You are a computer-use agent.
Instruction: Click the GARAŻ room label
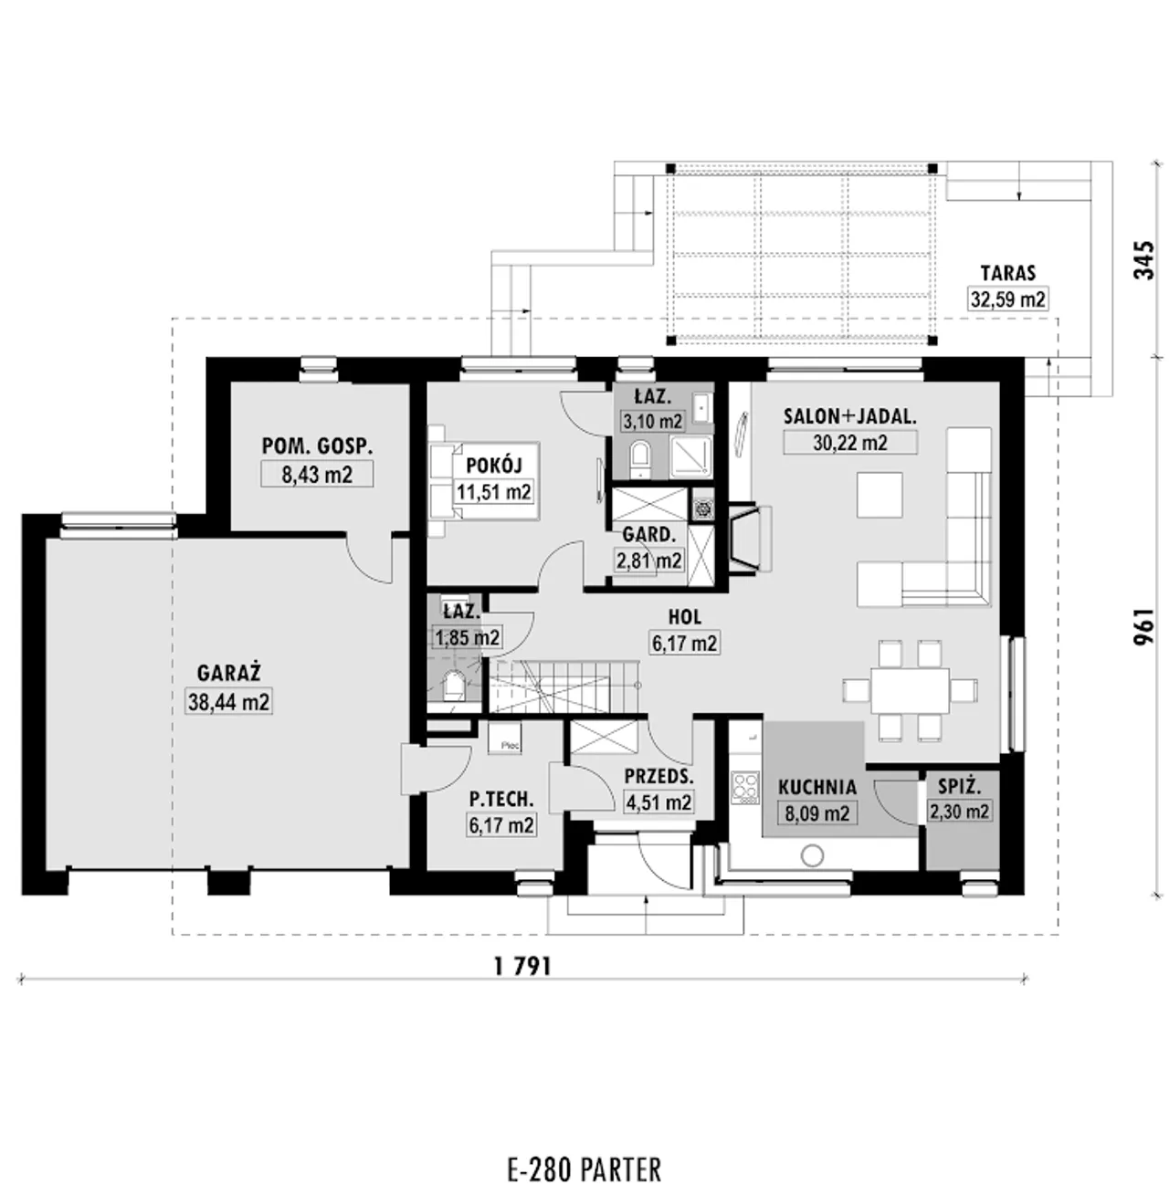[x=229, y=674]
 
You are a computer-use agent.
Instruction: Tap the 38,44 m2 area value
[x=228, y=702]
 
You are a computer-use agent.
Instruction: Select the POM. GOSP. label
[x=317, y=446]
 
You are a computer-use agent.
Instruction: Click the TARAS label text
[x=1007, y=273]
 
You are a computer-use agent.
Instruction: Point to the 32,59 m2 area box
[x=1007, y=299]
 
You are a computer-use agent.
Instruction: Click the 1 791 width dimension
[x=522, y=967]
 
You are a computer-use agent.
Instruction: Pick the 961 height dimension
[x=1143, y=626]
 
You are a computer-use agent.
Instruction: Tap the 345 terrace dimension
[x=1143, y=260]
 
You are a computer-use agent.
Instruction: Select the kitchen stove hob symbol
[x=745, y=787]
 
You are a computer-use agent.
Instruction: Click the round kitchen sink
[x=812, y=856]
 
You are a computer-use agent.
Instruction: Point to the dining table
[x=910, y=690]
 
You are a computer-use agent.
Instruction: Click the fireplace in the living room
[x=750, y=539]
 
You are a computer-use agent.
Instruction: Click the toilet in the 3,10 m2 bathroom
[x=640, y=456]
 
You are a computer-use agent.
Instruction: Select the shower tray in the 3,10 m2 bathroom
[x=690, y=456]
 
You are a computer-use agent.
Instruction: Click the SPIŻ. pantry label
[x=959, y=787]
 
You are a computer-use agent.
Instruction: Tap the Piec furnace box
[x=505, y=739]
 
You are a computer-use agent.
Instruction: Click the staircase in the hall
[x=563, y=687]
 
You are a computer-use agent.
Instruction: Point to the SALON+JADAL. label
[x=850, y=416]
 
